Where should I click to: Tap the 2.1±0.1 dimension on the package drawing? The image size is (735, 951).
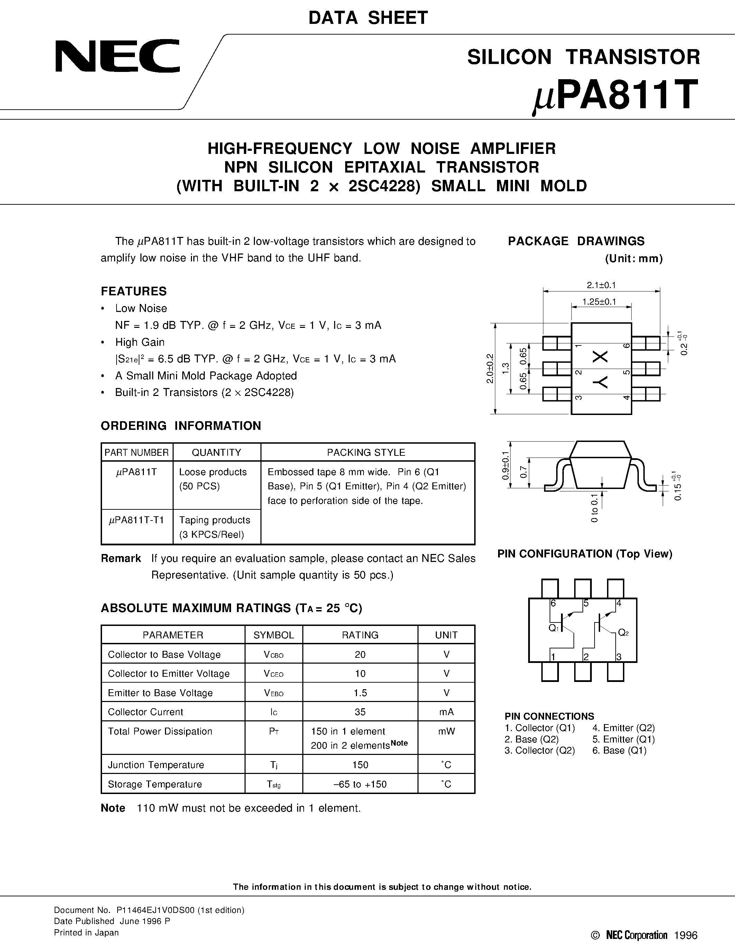pyautogui.click(x=601, y=285)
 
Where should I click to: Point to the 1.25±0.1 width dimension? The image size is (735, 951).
pyautogui.click(x=601, y=301)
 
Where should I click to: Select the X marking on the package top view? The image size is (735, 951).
pyautogui.click(x=601, y=357)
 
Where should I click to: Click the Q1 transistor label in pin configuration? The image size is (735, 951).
pyautogui.click(x=553, y=628)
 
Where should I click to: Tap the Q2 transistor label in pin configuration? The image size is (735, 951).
pyautogui.click(x=623, y=633)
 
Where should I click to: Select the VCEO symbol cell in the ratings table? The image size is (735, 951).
pyautogui.click(x=274, y=674)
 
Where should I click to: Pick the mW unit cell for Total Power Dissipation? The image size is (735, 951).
pyautogui.click(x=446, y=731)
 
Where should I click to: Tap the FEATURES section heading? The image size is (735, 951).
pyautogui.click(x=134, y=291)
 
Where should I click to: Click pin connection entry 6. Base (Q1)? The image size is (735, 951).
pyautogui.click(x=619, y=751)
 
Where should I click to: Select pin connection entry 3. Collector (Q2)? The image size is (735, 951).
pyautogui.click(x=540, y=751)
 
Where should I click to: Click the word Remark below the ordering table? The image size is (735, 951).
pyautogui.click(x=121, y=558)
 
